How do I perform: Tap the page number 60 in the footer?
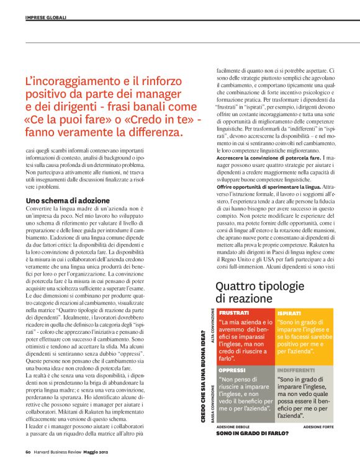pyautogui.click(x=28, y=451)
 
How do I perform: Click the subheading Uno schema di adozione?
pyautogui.click(x=68, y=200)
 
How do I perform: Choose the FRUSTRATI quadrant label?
pyautogui.click(x=234, y=313)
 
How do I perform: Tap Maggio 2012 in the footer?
pyautogui.click(x=97, y=451)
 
